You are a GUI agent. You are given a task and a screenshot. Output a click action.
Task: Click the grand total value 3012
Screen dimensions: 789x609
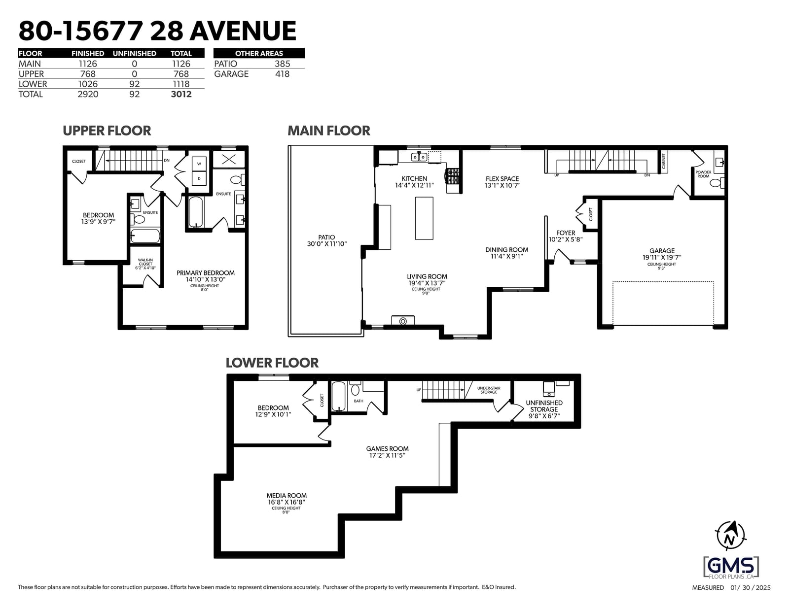(x=181, y=94)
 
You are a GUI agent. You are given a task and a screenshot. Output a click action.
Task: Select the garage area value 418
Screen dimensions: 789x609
(x=282, y=74)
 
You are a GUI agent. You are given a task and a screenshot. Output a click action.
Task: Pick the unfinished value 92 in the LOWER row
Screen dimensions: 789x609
(x=134, y=84)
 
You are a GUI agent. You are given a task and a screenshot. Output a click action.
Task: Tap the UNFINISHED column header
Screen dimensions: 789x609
(x=134, y=53)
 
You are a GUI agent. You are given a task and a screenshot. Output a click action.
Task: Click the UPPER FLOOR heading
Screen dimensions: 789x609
(x=107, y=131)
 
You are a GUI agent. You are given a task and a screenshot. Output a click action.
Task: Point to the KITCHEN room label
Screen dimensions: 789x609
(x=414, y=178)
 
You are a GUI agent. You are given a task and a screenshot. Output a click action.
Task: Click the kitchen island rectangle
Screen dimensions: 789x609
(x=424, y=218)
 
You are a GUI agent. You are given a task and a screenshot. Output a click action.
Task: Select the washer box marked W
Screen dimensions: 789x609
(x=199, y=164)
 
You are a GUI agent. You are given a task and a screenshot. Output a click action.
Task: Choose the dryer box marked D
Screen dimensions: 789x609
(x=199, y=178)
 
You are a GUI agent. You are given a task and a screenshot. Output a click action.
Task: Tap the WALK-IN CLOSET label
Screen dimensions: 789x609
(x=145, y=262)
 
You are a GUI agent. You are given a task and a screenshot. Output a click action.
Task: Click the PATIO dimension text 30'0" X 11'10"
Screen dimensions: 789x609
(x=327, y=244)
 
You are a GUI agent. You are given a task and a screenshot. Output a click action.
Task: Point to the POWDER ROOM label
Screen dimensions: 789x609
(x=703, y=174)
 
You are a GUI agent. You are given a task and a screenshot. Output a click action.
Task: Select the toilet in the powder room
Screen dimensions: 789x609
(x=717, y=183)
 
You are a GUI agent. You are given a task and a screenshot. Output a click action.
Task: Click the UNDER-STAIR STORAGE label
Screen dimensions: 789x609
(x=489, y=390)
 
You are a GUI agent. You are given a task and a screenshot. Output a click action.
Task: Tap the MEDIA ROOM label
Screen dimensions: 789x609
(x=287, y=496)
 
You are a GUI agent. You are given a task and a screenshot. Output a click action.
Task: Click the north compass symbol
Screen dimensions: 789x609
(x=730, y=536)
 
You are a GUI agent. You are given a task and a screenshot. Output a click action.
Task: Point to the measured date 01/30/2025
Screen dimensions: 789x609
(x=751, y=588)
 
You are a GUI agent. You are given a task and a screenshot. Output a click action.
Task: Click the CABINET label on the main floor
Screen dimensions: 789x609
(x=663, y=161)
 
